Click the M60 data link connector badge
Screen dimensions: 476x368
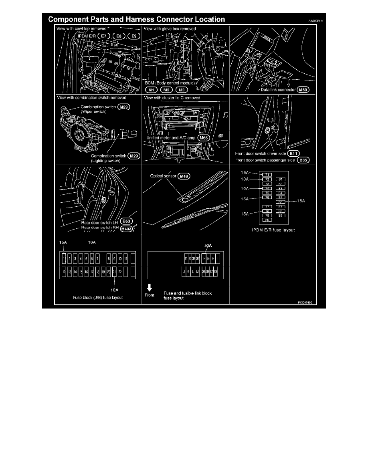(303, 91)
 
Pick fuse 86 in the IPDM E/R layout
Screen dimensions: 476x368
(281, 202)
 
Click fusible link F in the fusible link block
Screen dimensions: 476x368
(204, 259)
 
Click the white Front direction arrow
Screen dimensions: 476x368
(150, 287)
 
